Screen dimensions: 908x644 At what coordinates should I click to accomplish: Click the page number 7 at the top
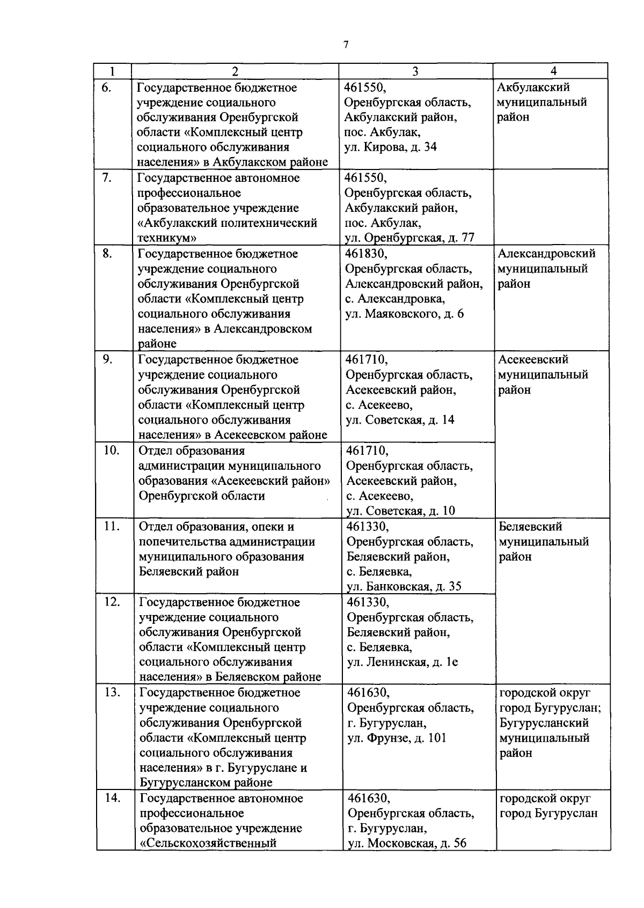click(x=346, y=45)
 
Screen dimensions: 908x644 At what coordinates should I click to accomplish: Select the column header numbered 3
click(x=415, y=71)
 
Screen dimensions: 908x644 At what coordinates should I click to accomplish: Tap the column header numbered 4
click(x=553, y=71)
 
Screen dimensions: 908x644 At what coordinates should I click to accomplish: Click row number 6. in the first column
click(x=106, y=87)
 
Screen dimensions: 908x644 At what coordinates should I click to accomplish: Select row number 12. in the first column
click(x=111, y=602)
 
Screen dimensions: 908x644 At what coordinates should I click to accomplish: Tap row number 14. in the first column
click(x=112, y=798)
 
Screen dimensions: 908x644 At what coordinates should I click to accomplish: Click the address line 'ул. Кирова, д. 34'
click(x=390, y=147)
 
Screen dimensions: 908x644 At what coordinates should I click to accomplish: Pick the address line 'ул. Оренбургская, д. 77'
click(x=409, y=238)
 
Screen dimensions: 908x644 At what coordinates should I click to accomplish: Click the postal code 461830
click(x=365, y=253)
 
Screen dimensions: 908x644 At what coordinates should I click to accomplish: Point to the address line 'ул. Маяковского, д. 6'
click(x=405, y=314)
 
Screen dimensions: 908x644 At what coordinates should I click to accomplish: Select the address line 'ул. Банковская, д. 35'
click(x=404, y=586)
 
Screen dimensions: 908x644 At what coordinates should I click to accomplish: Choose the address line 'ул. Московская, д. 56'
click(x=407, y=843)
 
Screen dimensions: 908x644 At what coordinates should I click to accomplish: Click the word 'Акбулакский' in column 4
click(x=533, y=87)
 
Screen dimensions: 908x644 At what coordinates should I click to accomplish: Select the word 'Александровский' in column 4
click(x=546, y=253)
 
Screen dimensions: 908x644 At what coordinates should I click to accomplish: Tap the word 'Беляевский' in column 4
click(x=530, y=527)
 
